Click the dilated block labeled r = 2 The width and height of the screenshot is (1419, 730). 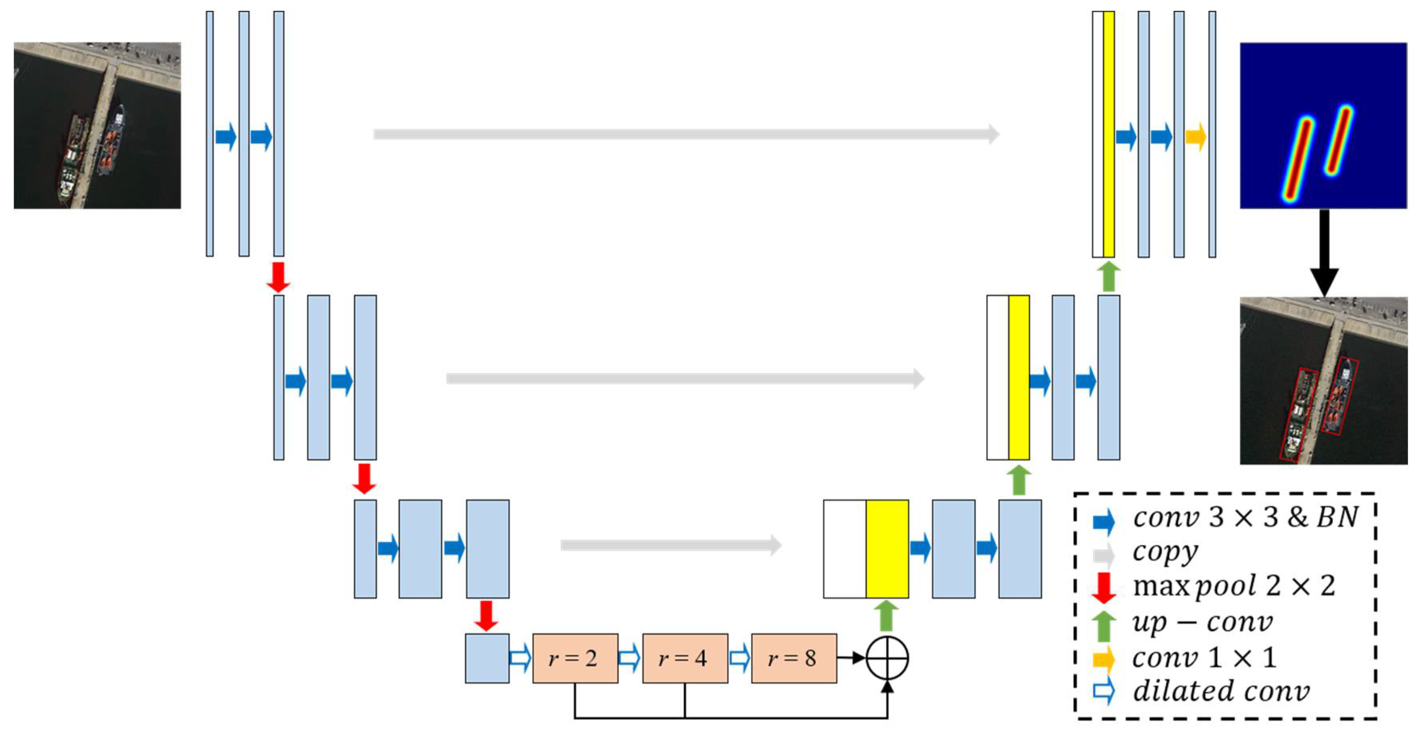pyautogui.click(x=575, y=659)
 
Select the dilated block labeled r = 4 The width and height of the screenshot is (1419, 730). pyautogui.click(x=685, y=659)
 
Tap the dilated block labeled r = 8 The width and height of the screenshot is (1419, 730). pyautogui.click(x=794, y=659)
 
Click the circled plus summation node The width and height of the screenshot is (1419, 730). pyautogui.click(x=887, y=659)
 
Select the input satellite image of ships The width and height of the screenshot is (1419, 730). pyautogui.click(x=97, y=125)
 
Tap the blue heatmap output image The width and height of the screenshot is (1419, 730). pyautogui.click(x=1323, y=125)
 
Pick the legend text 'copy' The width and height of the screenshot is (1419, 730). pyautogui.click(x=1165, y=552)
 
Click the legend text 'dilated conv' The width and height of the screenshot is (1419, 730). pyautogui.click(x=1221, y=691)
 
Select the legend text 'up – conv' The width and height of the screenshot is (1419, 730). pyautogui.click(x=1202, y=623)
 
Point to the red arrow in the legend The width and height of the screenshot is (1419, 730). pyautogui.click(x=1103, y=587)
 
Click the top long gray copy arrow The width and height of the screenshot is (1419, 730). pyautogui.click(x=686, y=134)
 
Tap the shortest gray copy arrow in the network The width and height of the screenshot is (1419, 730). pyautogui.click(x=671, y=545)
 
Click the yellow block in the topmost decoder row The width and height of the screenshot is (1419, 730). pyautogui.click(x=1109, y=134)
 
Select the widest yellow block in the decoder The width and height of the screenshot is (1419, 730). pyautogui.click(x=887, y=549)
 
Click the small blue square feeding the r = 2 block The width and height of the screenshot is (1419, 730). pyautogui.click(x=487, y=659)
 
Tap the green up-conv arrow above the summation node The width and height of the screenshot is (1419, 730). pyautogui.click(x=887, y=616)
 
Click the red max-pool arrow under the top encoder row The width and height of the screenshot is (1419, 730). pyautogui.click(x=278, y=277)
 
